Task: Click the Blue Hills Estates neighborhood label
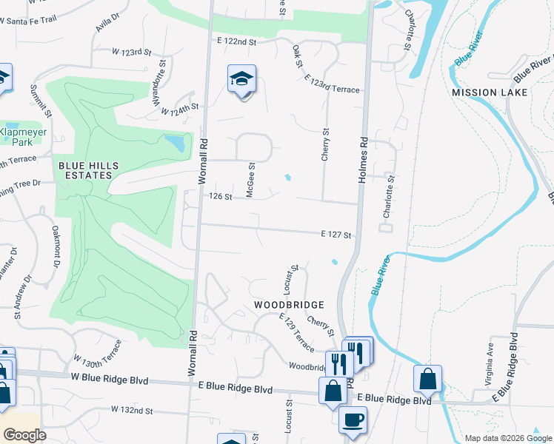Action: click(85, 169)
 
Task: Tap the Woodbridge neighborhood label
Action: click(289, 305)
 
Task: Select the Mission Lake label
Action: click(490, 92)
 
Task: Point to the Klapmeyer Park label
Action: click(21, 136)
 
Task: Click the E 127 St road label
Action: click(335, 234)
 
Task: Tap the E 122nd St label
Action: click(236, 42)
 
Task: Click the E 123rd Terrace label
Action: click(332, 84)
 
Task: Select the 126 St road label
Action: click(221, 197)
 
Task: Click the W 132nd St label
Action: click(132, 409)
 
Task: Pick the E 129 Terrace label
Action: click(297, 331)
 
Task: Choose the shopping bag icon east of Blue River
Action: click(428, 379)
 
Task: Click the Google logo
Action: click(24, 435)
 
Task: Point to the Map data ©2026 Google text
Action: click(507, 438)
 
